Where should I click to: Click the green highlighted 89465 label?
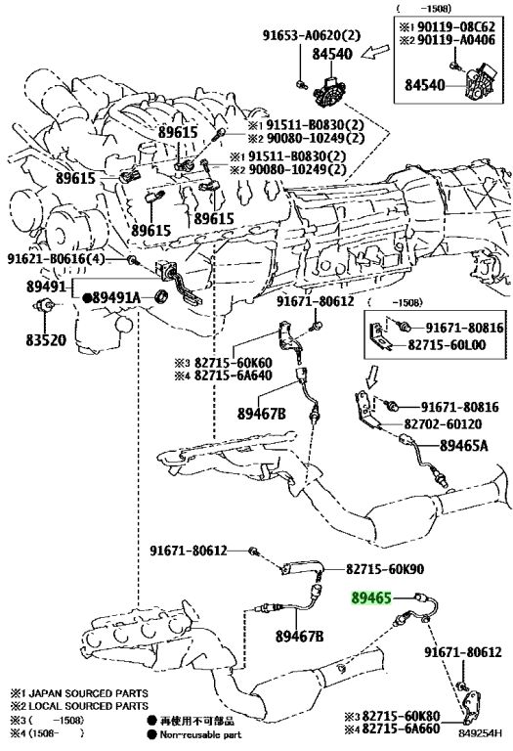click(371, 597)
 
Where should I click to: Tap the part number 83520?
click(46, 340)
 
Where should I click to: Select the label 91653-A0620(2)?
click(311, 35)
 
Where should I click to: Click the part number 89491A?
click(116, 298)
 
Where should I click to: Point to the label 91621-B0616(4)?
click(56, 259)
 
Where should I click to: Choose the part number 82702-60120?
click(443, 423)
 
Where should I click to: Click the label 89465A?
click(464, 446)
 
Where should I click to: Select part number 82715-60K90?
click(385, 569)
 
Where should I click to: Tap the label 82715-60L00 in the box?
click(447, 345)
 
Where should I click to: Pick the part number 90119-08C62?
click(456, 26)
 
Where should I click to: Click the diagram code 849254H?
click(480, 732)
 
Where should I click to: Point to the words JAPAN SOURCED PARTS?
click(89, 693)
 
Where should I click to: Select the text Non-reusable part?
click(200, 734)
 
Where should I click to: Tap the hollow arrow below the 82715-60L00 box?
click(372, 375)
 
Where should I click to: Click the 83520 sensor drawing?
click(45, 305)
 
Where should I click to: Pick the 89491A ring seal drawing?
click(163, 297)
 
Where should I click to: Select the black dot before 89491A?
click(87, 298)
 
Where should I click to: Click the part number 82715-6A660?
click(401, 729)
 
